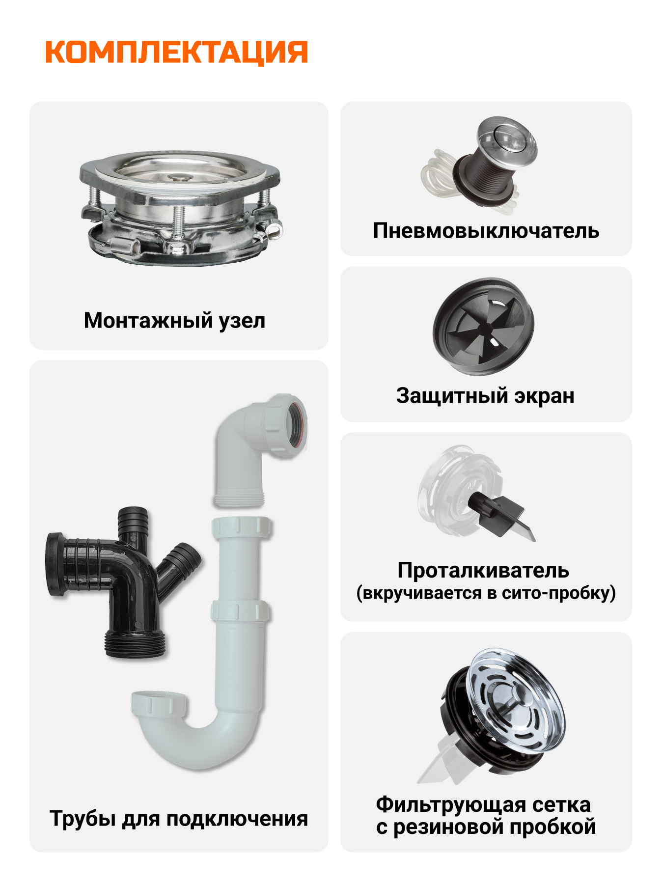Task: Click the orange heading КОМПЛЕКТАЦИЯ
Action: coord(177,52)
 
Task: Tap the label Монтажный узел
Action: coord(174,321)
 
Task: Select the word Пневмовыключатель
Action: coord(486,230)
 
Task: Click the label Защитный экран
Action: coord(485,396)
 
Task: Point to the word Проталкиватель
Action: coord(483,570)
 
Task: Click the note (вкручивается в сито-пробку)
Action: coord(486,593)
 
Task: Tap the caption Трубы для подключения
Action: coord(179,819)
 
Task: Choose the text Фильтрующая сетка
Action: coord(483,804)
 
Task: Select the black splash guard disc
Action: coord(483,327)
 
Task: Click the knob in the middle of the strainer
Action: coord(519,693)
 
